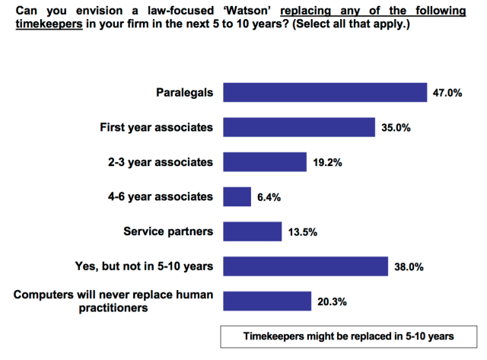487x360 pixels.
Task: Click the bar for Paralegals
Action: (x=325, y=93)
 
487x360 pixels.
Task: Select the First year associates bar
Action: (x=299, y=127)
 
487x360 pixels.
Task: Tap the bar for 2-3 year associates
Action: (x=264, y=162)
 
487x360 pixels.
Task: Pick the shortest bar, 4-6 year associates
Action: (x=237, y=197)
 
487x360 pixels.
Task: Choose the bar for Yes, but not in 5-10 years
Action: (x=305, y=266)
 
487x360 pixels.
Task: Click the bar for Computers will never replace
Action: (x=266, y=301)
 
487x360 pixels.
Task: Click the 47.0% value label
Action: (x=447, y=94)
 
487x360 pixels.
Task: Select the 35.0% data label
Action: (x=396, y=128)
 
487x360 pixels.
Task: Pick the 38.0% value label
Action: (x=409, y=267)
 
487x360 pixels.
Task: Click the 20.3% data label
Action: (x=332, y=302)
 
